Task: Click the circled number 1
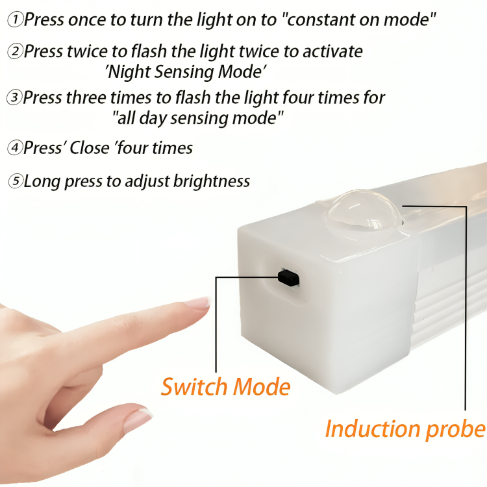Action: coord(14,19)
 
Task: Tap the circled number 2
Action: coord(15,51)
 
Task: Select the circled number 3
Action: coord(14,97)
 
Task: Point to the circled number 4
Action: coord(15,147)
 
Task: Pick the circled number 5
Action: coord(15,181)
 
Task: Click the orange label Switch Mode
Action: coord(226,387)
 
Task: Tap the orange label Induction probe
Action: coord(405,430)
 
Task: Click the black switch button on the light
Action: coord(288,277)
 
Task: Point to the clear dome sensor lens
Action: coord(364,210)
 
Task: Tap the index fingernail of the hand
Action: coord(197,302)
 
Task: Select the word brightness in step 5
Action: coord(212,181)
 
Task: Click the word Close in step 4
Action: coord(89,147)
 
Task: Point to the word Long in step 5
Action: coord(42,182)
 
